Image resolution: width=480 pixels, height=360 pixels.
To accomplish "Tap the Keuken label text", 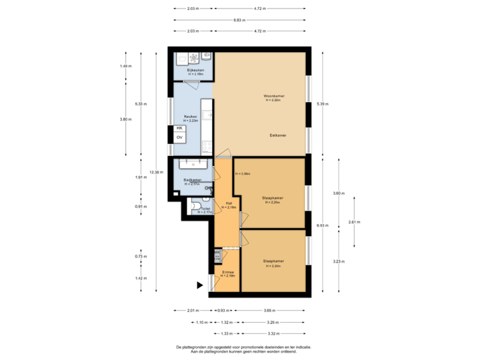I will point(191,115).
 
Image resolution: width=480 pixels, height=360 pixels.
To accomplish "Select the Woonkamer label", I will point(273,96).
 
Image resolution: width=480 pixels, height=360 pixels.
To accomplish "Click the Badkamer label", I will point(192,180).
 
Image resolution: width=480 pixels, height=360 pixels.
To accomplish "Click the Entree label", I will point(228,272).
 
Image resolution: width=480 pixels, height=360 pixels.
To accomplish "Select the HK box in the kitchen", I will point(179,127).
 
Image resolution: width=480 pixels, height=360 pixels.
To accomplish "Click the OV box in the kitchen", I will point(179,137).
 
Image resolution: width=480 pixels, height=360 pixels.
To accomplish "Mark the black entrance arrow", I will point(199,285).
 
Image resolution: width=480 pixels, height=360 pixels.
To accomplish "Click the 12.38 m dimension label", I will point(157,172).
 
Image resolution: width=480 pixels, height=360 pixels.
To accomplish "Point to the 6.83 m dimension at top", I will point(237,20).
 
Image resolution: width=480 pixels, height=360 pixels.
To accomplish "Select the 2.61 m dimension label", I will point(354,222).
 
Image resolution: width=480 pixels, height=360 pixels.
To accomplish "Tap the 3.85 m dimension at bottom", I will point(269,311).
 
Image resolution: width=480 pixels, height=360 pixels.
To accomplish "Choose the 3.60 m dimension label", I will point(339,193).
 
